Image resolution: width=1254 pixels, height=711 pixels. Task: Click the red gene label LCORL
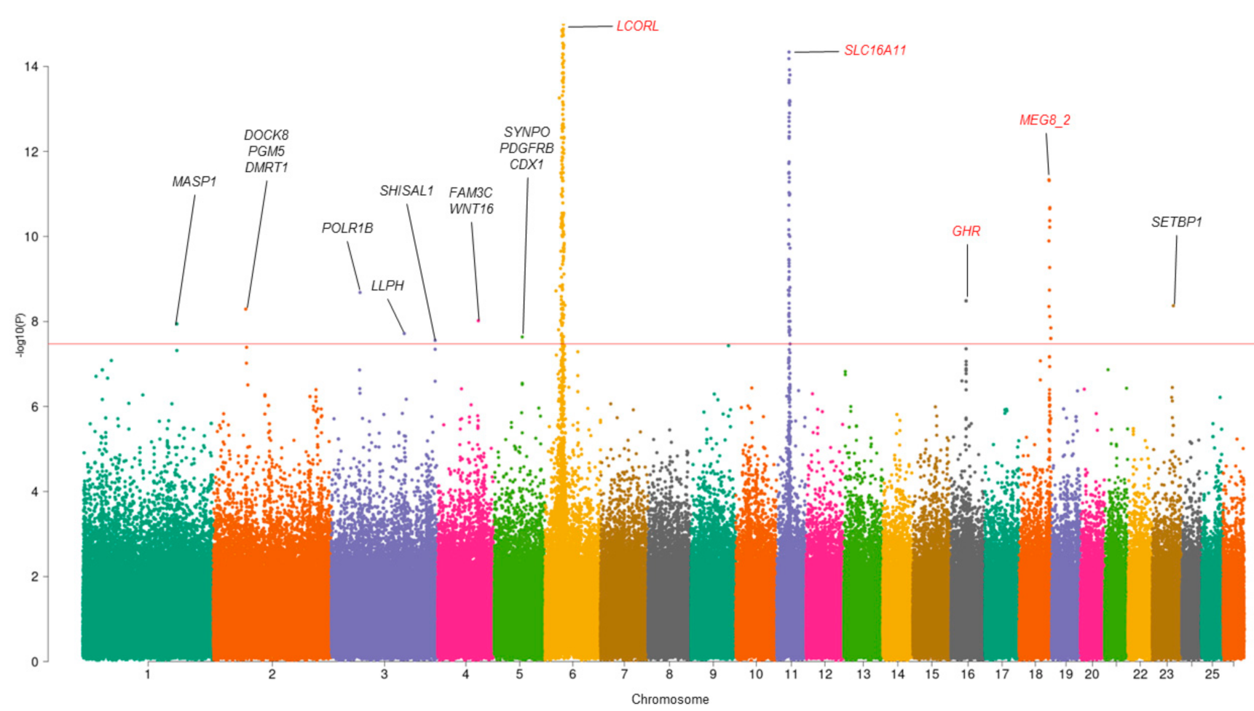[637, 26]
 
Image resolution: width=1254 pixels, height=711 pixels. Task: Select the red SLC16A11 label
[875, 50]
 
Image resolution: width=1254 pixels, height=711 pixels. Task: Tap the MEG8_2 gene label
[1044, 120]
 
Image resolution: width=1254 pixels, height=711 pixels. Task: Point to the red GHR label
[966, 231]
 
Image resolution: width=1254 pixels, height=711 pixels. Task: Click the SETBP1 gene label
[1176, 222]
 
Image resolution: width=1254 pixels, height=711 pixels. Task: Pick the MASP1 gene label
[194, 181]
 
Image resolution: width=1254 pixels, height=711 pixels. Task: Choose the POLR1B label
[347, 228]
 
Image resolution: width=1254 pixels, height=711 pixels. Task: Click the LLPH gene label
[387, 286]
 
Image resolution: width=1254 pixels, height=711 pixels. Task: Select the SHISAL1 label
[406, 191]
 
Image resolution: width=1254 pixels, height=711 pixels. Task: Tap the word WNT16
[471, 209]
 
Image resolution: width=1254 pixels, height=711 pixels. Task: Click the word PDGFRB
[527, 148]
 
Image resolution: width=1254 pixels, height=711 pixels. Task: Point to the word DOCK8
[266, 135]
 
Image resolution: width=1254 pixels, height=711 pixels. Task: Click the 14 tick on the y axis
[31, 66]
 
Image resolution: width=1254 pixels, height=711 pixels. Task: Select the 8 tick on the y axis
[34, 321]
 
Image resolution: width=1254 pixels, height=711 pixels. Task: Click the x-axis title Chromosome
[669, 699]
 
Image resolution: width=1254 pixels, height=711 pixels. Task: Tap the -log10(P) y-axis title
[20, 335]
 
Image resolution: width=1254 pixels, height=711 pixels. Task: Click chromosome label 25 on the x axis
[1211, 675]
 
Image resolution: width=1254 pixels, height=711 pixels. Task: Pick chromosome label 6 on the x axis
[572, 675]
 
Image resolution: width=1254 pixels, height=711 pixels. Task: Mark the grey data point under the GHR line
[966, 300]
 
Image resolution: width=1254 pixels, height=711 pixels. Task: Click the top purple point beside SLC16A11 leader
[789, 52]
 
